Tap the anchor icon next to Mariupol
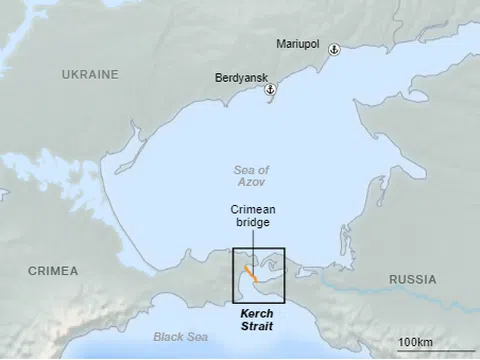coord(335,49)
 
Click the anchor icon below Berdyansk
coord(269,90)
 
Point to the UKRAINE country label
coord(90,75)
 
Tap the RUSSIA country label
coord(412,279)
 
